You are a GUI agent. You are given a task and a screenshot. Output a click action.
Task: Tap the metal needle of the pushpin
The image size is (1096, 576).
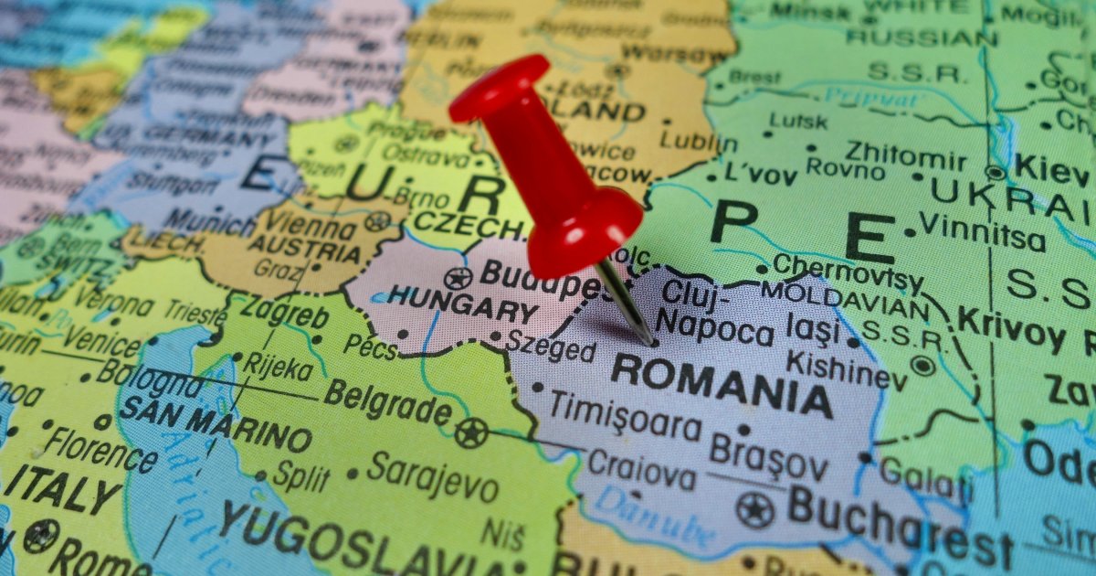tap(628, 302)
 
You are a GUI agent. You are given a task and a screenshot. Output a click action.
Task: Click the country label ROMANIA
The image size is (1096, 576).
tap(722, 385)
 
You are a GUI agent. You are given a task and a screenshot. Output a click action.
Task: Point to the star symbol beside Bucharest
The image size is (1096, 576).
tap(754, 509)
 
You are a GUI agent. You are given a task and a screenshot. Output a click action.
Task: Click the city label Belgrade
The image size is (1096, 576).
tap(387, 403)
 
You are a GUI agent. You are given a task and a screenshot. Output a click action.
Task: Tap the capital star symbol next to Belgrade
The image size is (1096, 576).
tap(471, 432)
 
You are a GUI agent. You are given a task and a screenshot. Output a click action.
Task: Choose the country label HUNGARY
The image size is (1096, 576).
tap(462, 304)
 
